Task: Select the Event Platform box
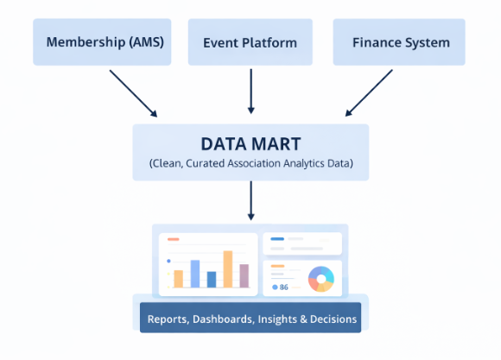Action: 250,41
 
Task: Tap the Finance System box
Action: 401,41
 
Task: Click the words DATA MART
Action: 250,143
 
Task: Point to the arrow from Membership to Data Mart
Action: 133,92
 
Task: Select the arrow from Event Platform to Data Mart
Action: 250,91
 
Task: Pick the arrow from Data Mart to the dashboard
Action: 250,200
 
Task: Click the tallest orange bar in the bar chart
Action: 228,268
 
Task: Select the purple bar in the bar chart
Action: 244,275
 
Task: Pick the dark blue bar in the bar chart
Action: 212,279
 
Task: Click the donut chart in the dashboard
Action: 320,279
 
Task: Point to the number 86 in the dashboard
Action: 283,287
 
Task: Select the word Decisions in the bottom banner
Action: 333,319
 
